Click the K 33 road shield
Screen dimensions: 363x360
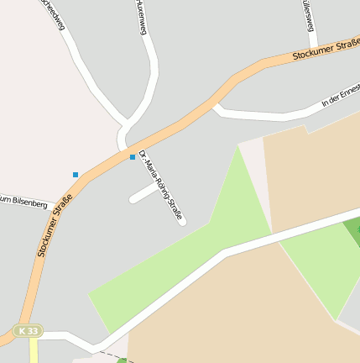coord(27,331)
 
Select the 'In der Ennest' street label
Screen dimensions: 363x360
coord(340,95)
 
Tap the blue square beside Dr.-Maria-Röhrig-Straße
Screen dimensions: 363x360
coord(132,156)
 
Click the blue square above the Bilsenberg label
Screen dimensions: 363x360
coord(76,174)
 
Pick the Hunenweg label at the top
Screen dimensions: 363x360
coord(139,17)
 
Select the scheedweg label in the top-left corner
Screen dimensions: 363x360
coord(52,14)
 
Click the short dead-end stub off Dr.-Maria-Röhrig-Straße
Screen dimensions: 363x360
coord(143,194)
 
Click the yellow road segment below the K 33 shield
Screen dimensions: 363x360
coord(34,351)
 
